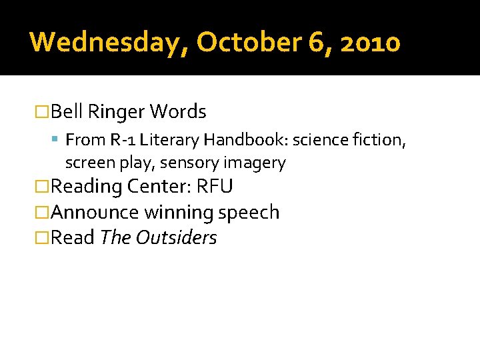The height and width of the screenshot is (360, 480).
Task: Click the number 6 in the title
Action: point(316,42)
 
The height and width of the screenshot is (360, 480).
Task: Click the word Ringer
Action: point(116,112)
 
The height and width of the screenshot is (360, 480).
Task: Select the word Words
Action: point(178,112)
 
